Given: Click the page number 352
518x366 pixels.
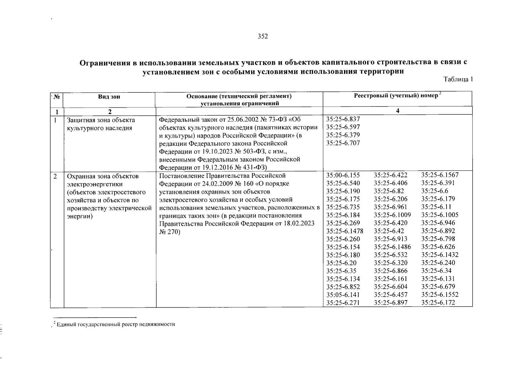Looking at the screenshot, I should pyautogui.click(x=263, y=37).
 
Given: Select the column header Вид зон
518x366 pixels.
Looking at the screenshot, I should pyautogui.click(x=109, y=97).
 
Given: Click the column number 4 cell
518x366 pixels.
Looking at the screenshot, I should pyautogui.click(x=397, y=111).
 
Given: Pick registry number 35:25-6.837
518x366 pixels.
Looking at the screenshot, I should pyautogui.click(x=343, y=119).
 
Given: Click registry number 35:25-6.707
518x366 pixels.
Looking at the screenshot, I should pyautogui.click(x=343, y=143).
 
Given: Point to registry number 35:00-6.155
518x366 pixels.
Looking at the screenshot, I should pyautogui.click(x=343, y=175).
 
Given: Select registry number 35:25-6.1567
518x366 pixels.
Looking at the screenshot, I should pyautogui.click(x=440, y=175).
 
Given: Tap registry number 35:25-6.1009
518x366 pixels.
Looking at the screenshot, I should pyautogui.click(x=392, y=215).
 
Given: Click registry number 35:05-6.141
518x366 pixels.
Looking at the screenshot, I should pyautogui.click(x=343, y=295).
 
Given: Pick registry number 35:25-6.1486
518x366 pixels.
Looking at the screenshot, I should pyautogui.click(x=392, y=247).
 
